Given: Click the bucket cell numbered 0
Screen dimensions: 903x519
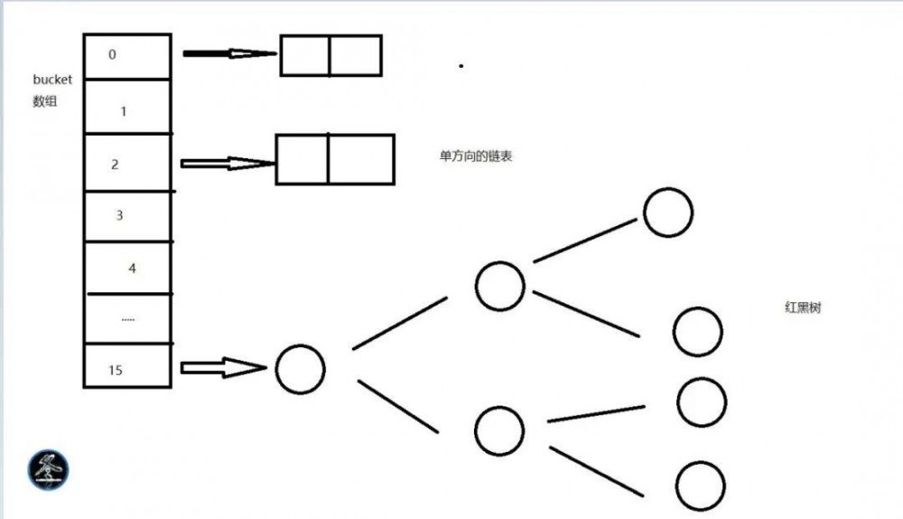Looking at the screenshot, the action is pyautogui.click(x=127, y=56).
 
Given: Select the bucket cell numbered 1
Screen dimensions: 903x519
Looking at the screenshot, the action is pyautogui.click(x=127, y=107).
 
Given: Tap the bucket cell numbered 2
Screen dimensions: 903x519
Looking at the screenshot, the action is pyautogui.click(x=127, y=163).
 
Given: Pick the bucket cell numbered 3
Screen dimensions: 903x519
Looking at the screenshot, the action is pyautogui.click(x=127, y=216).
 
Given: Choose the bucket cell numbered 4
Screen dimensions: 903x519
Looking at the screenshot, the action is pyautogui.click(x=127, y=268).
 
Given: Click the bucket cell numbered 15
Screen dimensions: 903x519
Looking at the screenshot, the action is pyautogui.click(x=127, y=365).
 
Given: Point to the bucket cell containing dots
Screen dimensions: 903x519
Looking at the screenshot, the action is pyautogui.click(x=127, y=319).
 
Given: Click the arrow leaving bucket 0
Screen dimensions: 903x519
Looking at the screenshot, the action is pyautogui.click(x=229, y=53).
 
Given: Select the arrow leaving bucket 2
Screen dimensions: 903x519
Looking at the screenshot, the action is pyautogui.click(x=228, y=163).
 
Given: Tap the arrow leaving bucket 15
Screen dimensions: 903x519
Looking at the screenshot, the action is pyautogui.click(x=223, y=367).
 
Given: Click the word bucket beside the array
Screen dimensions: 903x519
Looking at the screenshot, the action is pyautogui.click(x=52, y=80).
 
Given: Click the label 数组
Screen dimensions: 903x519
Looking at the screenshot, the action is pyautogui.click(x=45, y=101).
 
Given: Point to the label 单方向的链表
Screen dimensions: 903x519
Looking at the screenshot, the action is pyautogui.click(x=476, y=156).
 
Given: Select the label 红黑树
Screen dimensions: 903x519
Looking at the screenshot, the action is pyautogui.click(x=803, y=307).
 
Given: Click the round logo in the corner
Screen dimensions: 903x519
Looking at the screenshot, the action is pyautogui.click(x=49, y=470).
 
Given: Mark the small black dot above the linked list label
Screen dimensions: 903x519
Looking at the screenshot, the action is pyautogui.click(x=461, y=66).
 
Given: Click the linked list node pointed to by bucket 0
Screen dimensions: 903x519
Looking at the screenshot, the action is pyautogui.click(x=331, y=55).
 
